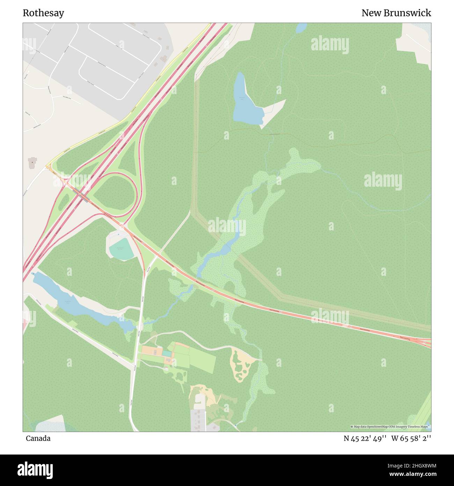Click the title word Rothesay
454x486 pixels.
click(x=43, y=13)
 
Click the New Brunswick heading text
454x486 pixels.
click(x=396, y=13)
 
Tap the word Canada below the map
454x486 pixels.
click(x=38, y=438)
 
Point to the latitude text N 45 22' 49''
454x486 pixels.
click(x=365, y=438)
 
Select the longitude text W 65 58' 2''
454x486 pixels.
click(x=411, y=438)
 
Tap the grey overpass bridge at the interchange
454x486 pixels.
click(x=83, y=198)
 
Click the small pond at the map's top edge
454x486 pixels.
click(x=301, y=28)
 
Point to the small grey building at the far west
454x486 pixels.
click(x=32, y=163)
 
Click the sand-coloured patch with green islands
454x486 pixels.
click(x=243, y=364)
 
